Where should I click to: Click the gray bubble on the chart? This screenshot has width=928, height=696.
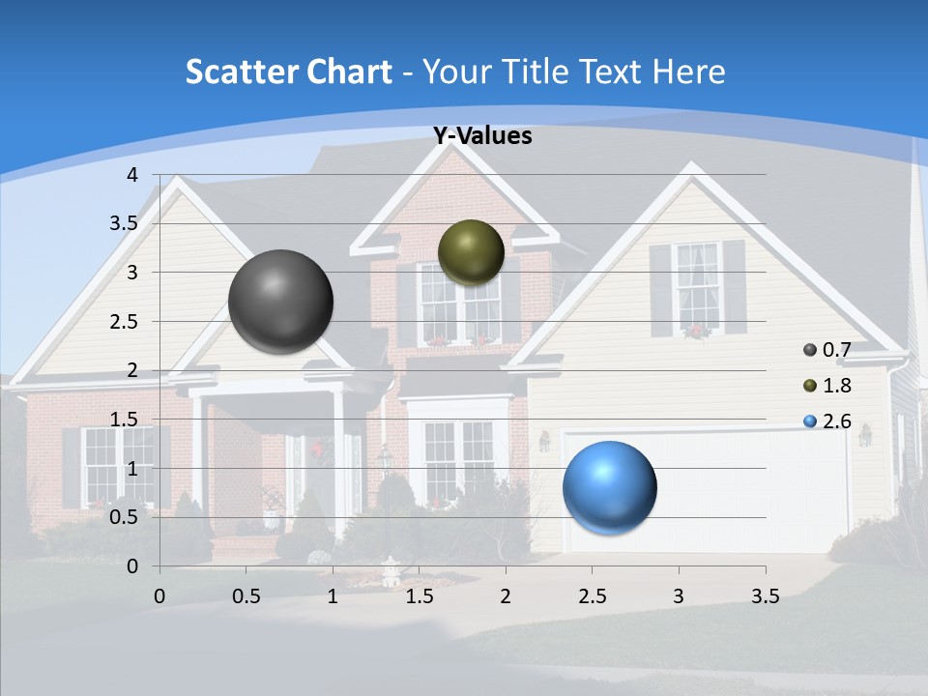tap(280, 301)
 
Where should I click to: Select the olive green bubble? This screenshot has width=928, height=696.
tap(471, 251)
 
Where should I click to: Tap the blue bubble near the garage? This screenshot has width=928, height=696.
tap(609, 487)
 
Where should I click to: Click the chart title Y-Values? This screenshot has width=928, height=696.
tap(482, 136)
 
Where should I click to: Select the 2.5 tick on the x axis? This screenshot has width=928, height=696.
tap(592, 596)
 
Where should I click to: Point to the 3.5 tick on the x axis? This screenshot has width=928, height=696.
tap(765, 596)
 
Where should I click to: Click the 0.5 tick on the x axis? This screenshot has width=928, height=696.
tap(246, 596)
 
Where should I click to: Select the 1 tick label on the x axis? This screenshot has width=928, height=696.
tap(333, 596)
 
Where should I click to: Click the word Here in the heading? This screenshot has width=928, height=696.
tap(688, 72)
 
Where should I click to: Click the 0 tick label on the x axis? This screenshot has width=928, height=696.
tap(160, 596)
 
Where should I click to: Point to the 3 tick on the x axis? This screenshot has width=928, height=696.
tap(679, 596)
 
